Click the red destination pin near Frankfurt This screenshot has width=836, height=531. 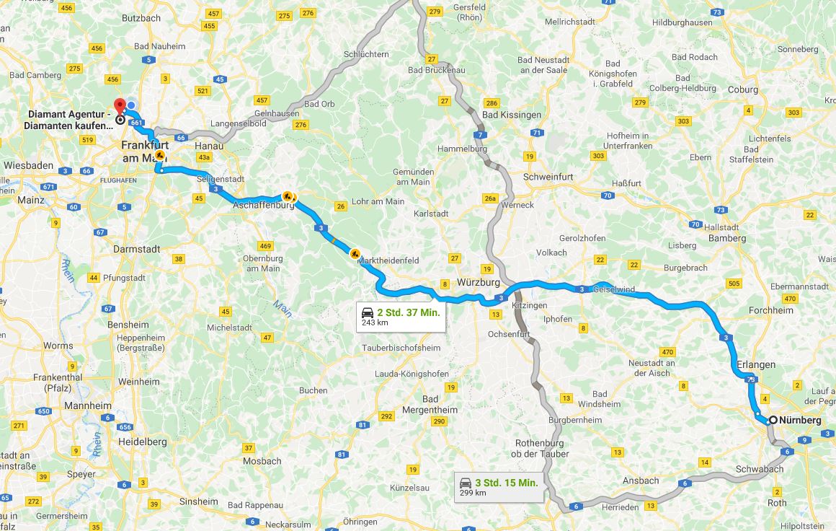coord(120,106)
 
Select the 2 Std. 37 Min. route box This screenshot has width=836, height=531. coord(401,317)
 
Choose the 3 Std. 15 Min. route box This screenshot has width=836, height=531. coord(498,487)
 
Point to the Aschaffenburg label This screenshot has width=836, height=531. coord(263,205)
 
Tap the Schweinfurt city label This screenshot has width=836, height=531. coord(548,177)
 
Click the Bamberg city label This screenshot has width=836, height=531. coord(727,238)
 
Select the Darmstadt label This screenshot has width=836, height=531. coord(136,249)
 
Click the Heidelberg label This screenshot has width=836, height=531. coord(142,442)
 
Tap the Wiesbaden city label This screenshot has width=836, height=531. coord(28,165)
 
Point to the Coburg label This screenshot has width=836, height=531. coord(744,89)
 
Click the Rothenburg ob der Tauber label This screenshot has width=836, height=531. coord(540,448)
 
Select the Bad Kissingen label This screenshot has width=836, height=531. coord(511,115)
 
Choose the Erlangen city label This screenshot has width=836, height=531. coord(756,364)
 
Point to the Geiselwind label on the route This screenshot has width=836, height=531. coord(613,289)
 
